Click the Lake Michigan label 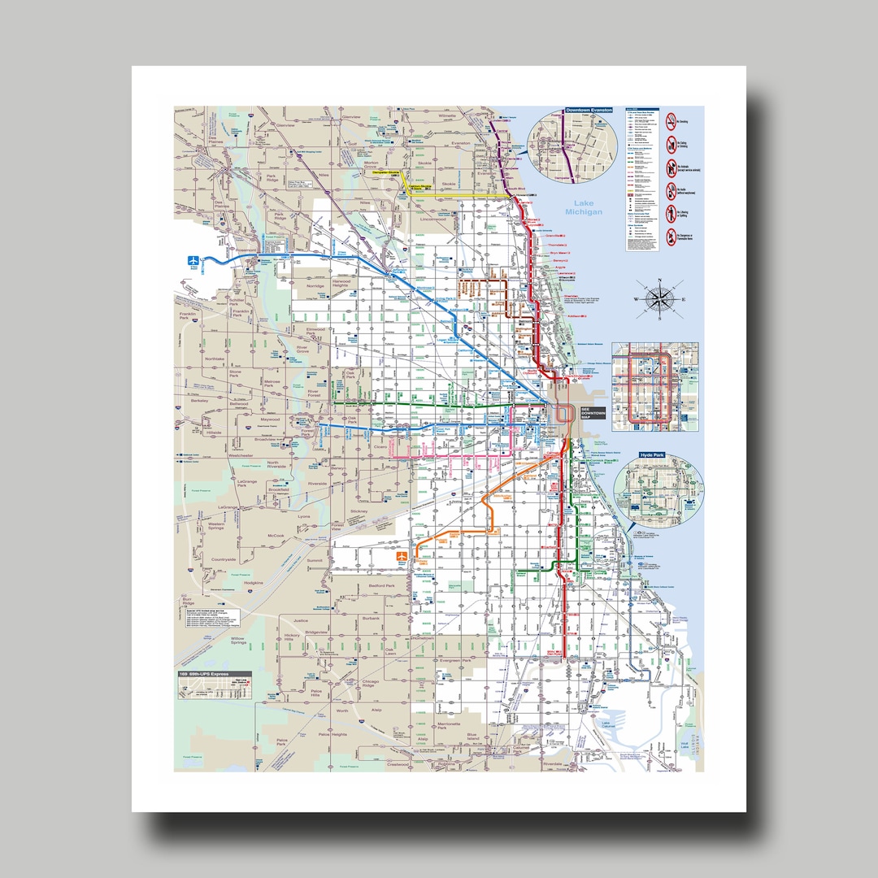(x=587, y=207)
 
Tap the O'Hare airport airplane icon (x=193, y=261)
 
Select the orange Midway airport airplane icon (x=402, y=556)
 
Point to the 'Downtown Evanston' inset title (x=590, y=110)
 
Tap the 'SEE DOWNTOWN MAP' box (x=593, y=413)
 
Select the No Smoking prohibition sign (x=670, y=123)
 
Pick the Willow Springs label (x=237, y=642)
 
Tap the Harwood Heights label (x=340, y=283)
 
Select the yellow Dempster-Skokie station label (x=386, y=172)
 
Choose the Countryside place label (x=223, y=559)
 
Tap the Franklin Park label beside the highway (x=189, y=315)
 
